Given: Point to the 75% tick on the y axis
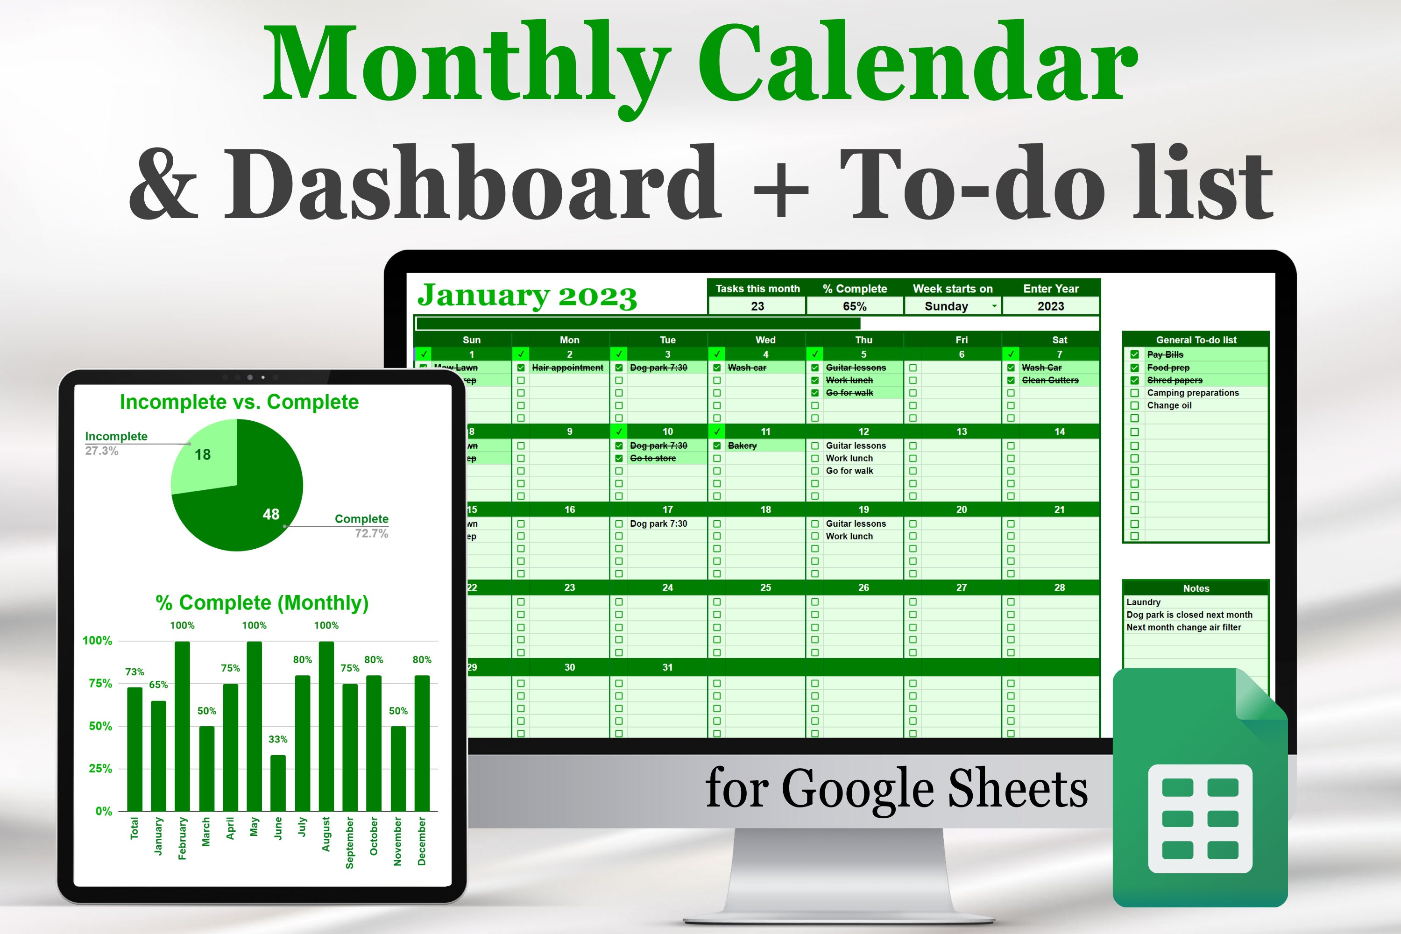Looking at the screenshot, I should pos(100,683).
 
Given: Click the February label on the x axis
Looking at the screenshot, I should pos(182,838).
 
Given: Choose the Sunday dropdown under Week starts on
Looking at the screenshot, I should pos(953,306).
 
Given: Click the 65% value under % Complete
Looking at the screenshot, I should pos(854,306).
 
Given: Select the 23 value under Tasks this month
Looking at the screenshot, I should pos(757,306).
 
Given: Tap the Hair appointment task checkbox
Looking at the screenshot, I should pos(521,368).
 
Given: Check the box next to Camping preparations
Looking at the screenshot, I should pos(1134,393).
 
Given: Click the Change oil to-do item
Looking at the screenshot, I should pos(1169,406).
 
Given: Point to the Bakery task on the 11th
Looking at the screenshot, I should pos(742,446).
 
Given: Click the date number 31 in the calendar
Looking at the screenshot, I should pos(667,667).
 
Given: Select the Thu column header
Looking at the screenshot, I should pos(863,340).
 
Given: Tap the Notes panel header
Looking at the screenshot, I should pos(1196,588).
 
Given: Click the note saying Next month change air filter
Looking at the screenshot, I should pos(1183,627).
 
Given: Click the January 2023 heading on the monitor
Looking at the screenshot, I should pos(527,296).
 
